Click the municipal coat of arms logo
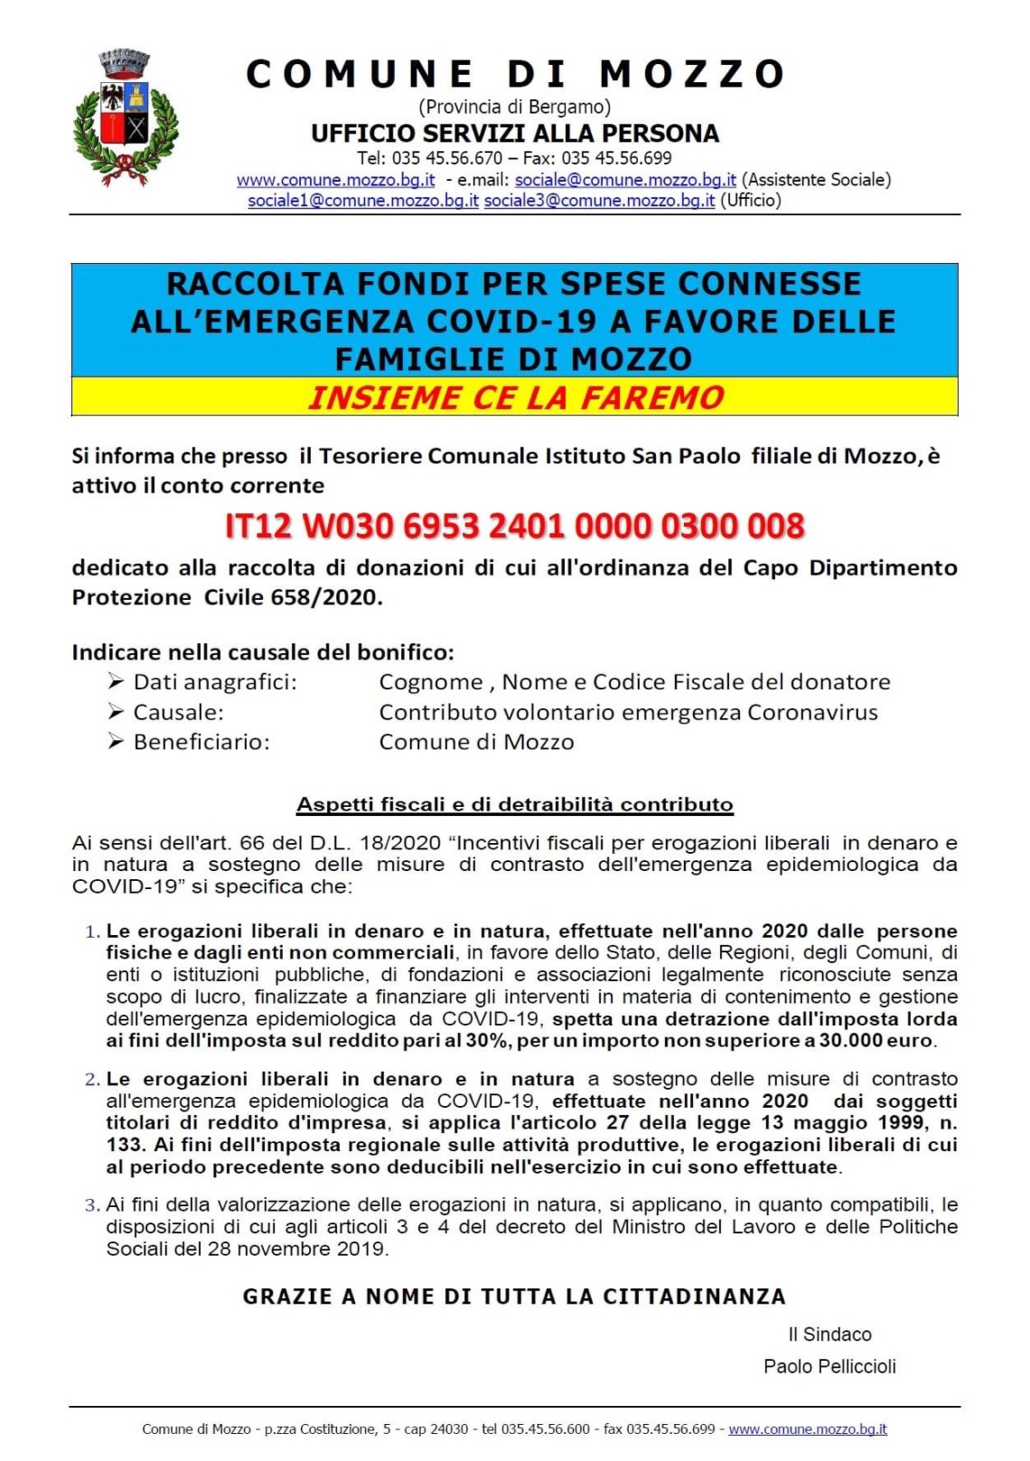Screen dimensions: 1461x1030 click(x=126, y=117)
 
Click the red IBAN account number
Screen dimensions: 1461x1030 click(x=514, y=526)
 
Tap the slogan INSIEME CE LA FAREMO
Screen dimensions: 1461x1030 click(x=515, y=398)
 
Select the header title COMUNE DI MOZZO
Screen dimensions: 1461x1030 click(x=515, y=74)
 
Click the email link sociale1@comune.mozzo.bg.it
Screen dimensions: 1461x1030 click(x=363, y=201)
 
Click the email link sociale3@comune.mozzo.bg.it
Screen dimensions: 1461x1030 click(x=599, y=201)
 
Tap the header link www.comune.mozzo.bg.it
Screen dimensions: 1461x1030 click(x=335, y=180)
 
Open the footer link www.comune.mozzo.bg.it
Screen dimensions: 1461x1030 click(x=807, y=1429)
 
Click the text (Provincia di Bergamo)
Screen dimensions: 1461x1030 click(x=514, y=107)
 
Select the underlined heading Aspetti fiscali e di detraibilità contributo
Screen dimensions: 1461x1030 click(x=515, y=804)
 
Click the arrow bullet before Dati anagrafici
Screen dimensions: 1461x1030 click(x=116, y=681)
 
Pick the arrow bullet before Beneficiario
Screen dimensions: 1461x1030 click(x=116, y=742)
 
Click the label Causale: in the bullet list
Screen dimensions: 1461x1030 click(x=178, y=712)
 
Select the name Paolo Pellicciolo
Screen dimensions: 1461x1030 click(x=829, y=1366)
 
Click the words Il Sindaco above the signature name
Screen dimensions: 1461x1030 click(x=829, y=1335)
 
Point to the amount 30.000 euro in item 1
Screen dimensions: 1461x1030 click(x=875, y=1041)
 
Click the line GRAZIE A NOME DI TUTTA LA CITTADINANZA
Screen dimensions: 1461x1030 click(x=514, y=1297)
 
